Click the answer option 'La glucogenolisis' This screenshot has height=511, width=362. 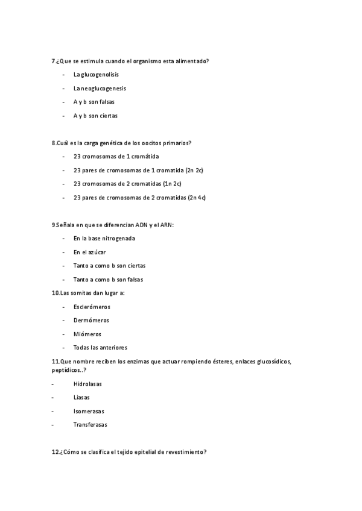(x=96, y=75)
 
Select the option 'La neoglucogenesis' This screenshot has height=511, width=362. (x=100, y=89)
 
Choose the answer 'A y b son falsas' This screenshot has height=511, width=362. (x=94, y=102)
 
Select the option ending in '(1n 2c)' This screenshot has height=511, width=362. (x=128, y=184)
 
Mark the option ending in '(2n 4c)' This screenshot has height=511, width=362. (x=139, y=198)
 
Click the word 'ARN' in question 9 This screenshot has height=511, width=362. (x=167, y=225)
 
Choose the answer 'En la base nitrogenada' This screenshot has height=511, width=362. (x=104, y=239)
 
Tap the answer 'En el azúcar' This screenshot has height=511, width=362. (x=89, y=252)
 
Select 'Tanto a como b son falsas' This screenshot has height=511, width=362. (x=109, y=280)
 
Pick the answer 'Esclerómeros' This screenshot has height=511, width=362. (x=92, y=307)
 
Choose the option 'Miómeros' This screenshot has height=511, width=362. (x=87, y=334)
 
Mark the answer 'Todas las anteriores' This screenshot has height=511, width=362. (x=100, y=348)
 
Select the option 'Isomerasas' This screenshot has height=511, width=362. (x=89, y=411)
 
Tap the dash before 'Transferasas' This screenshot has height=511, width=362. (x=53, y=425)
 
